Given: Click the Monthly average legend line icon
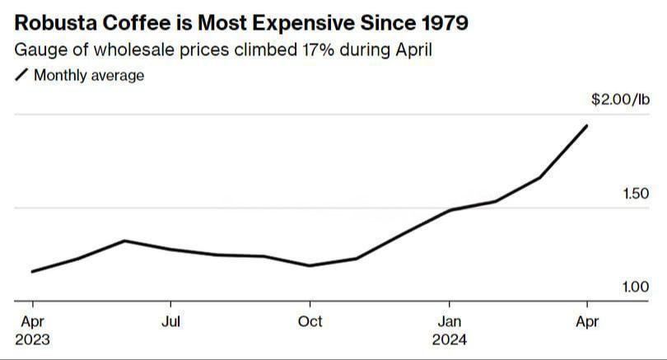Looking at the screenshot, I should pyautogui.click(x=21, y=75).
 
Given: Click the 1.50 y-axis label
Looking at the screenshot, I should pyautogui.click(x=636, y=194).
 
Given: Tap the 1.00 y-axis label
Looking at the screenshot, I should pyautogui.click(x=636, y=287).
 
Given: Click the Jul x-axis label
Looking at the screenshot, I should pyautogui.click(x=170, y=320).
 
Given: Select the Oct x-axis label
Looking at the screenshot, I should pyautogui.click(x=310, y=320).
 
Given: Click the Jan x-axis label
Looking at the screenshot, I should pyautogui.click(x=449, y=320).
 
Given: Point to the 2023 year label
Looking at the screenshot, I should pyautogui.click(x=32, y=339).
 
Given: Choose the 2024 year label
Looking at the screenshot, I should pyautogui.click(x=449, y=339).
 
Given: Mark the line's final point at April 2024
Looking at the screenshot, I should pyautogui.click(x=586, y=125).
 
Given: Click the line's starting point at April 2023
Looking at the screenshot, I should pyautogui.click(x=32, y=271).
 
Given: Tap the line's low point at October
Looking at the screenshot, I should pyautogui.click(x=310, y=265).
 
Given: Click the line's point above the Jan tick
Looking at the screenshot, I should pyautogui.click(x=449, y=210).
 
